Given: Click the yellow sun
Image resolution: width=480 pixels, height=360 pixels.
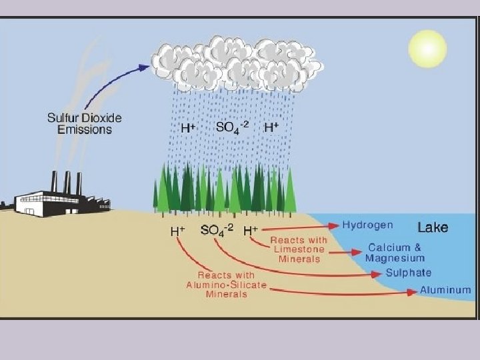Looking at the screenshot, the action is tap(427, 48).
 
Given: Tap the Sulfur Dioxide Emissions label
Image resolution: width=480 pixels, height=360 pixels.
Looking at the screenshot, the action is tap(84, 123).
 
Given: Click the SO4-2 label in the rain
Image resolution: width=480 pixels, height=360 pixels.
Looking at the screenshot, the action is tap(232, 126).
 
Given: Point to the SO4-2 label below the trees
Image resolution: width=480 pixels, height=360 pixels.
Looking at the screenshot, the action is tap(217, 231).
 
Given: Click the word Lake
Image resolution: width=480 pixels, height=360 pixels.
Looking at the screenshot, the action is tap(433, 227).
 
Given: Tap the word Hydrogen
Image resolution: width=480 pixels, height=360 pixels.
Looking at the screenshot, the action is tap(367, 225).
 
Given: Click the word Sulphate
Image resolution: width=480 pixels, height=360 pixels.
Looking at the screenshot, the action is tap(408, 273).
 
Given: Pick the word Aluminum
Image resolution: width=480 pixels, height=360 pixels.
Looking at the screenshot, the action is tap(445, 291).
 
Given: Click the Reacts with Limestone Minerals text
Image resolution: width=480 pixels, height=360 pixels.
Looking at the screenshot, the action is tap(299, 249).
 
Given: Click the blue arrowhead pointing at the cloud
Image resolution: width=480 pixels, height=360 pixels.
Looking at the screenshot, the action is tap(143, 67).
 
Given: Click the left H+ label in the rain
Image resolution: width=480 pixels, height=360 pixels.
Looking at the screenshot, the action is tap(187, 126).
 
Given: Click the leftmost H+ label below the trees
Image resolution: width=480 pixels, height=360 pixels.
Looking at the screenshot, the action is tap(177, 231).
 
